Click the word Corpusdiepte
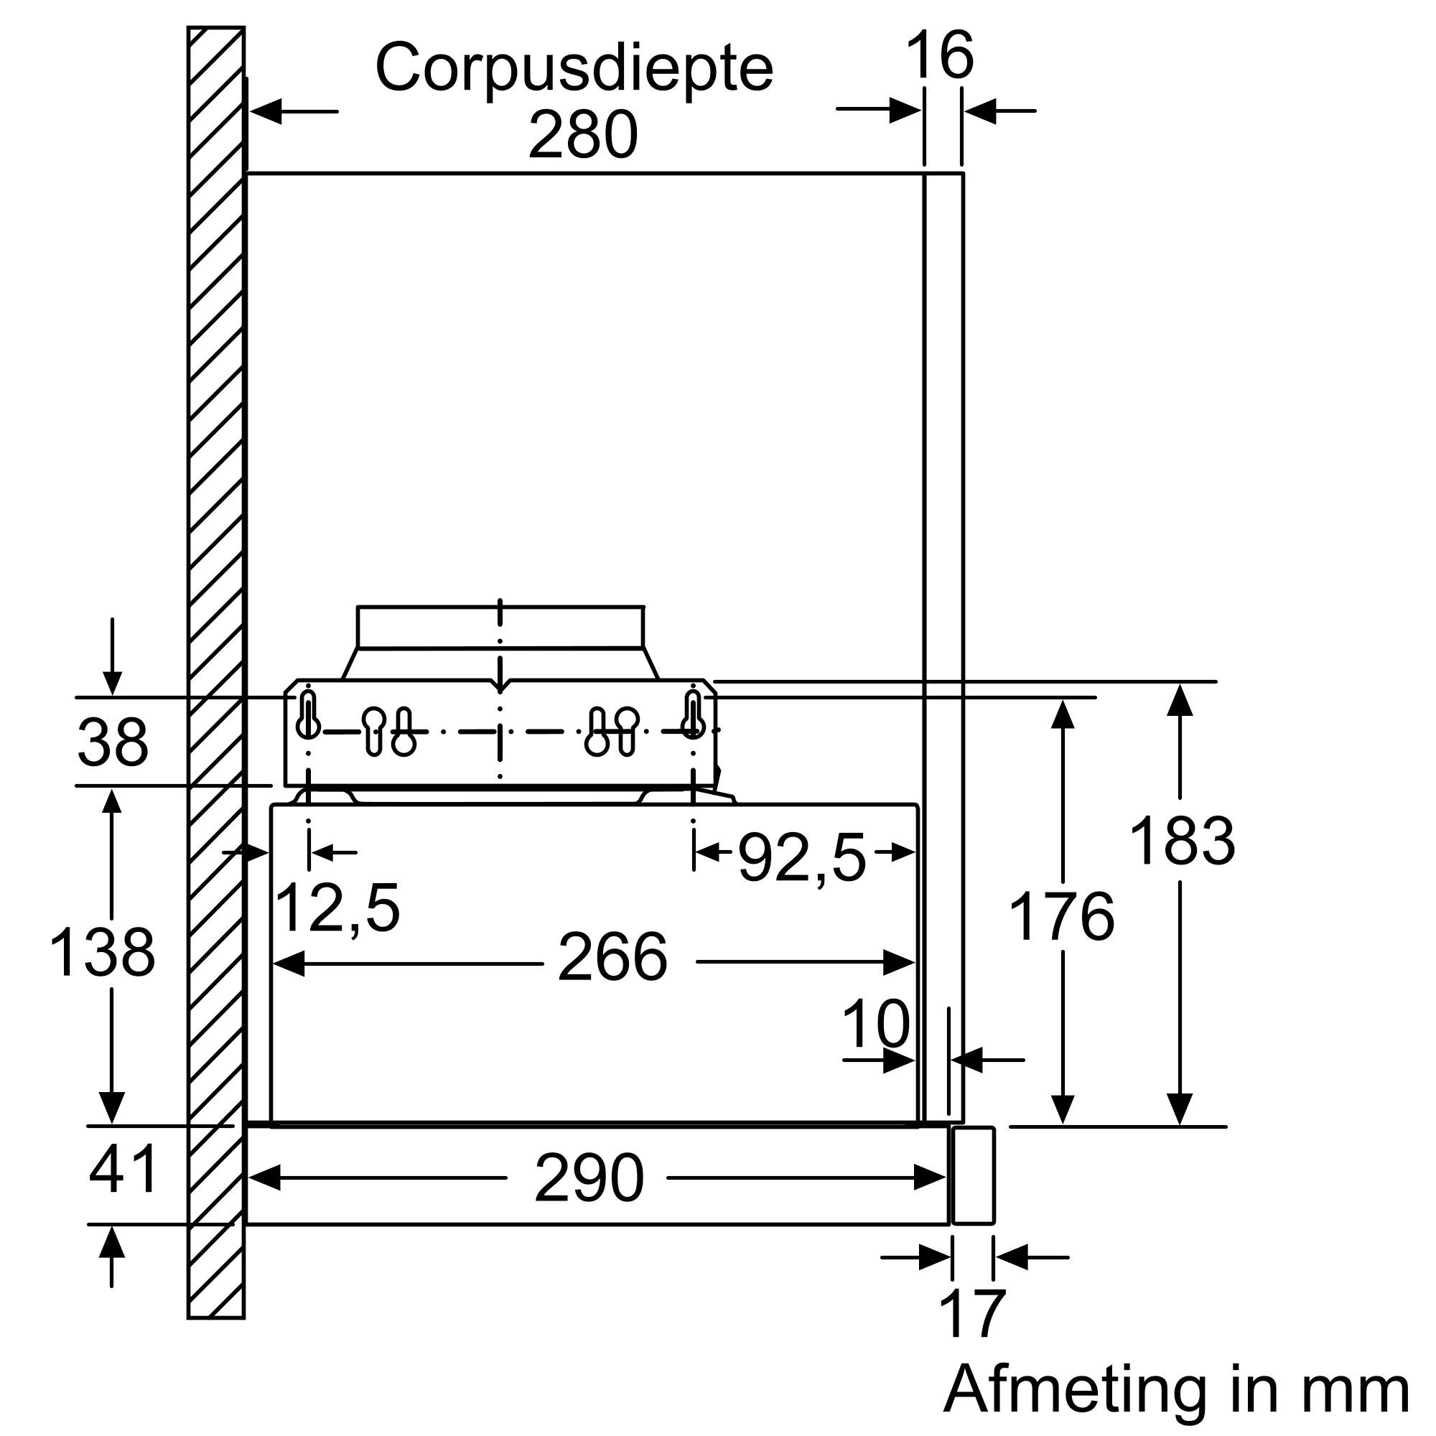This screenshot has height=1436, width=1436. pos(574,68)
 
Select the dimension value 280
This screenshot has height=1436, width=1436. pos(583,135)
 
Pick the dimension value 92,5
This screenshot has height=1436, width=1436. pos(802,859)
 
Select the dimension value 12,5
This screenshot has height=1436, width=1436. pos(337,908)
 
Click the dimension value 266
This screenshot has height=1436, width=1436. pos(612,957)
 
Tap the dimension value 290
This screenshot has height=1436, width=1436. pos(589,1178)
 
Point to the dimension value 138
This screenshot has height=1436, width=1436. pos(102,952)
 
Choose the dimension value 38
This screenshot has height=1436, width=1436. pos(112,742)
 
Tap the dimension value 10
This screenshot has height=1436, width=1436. pos(875,1023)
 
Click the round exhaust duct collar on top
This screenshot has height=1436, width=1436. pos(500,627)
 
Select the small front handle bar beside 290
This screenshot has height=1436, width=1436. pos(972,1175)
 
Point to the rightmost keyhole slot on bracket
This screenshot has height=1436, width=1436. pos(693,714)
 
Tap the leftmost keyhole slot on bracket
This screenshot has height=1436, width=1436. pos(308,714)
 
